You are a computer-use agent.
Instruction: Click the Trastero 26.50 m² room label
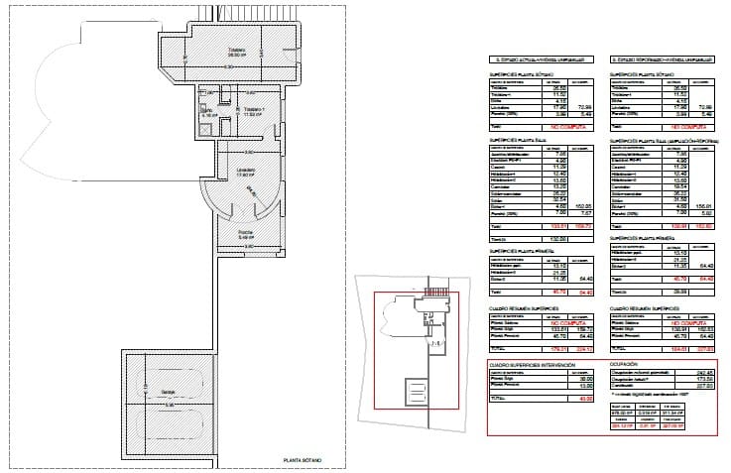[236, 53]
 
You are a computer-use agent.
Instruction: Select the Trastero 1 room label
[259, 111]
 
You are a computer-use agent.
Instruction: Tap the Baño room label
[207, 112]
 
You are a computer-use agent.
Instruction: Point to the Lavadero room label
[244, 171]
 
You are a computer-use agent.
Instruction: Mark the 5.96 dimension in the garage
[170, 405]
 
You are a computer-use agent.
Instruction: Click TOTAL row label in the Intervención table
[500, 398]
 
